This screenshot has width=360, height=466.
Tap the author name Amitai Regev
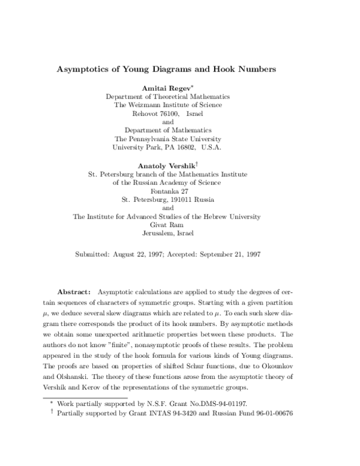click(x=166, y=87)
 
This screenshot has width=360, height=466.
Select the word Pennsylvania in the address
click(x=162, y=138)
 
